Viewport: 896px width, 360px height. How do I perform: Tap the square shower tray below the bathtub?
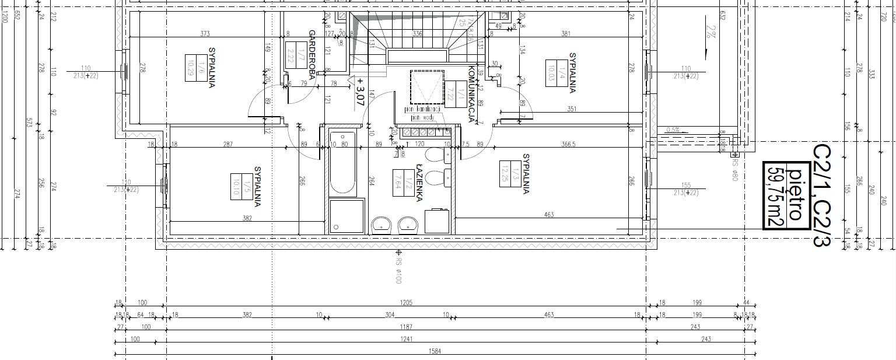pyautogui.click(x=346, y=216)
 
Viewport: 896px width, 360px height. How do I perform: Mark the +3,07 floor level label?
pyautogui.click(x=360, y=92)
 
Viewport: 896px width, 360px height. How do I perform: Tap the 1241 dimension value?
pyautogui.click(x=406, y=339)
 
